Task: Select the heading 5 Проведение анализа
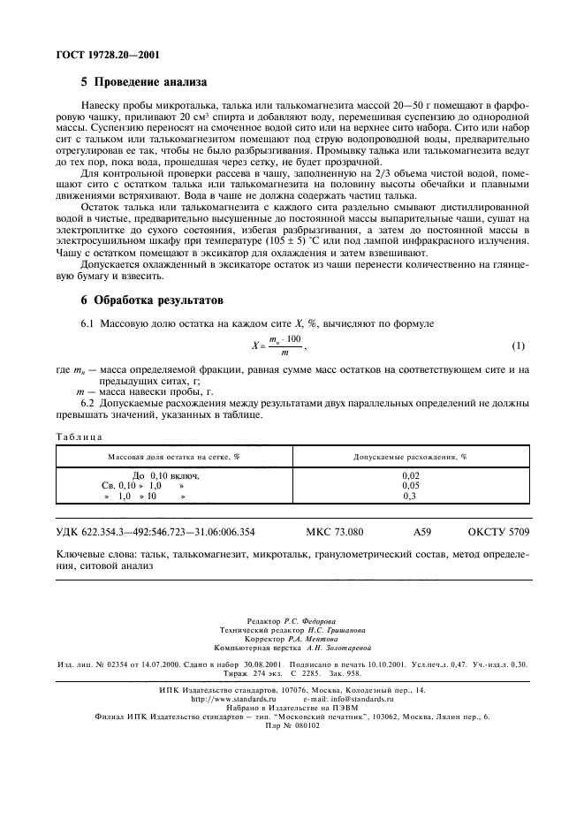[144, 84]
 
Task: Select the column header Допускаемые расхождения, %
[410, 458]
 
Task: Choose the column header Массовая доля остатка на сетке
[174, 458]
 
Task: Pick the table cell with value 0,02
[410, 475]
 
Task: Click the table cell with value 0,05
[410, 485]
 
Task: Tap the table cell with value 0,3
[410, 496]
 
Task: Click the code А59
[423, 532]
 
